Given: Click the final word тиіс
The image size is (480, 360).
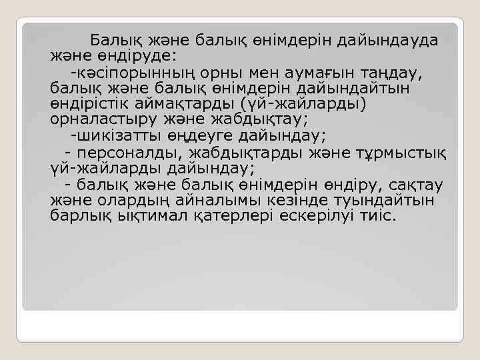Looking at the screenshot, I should pyautogui.click(x=377, y=217).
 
